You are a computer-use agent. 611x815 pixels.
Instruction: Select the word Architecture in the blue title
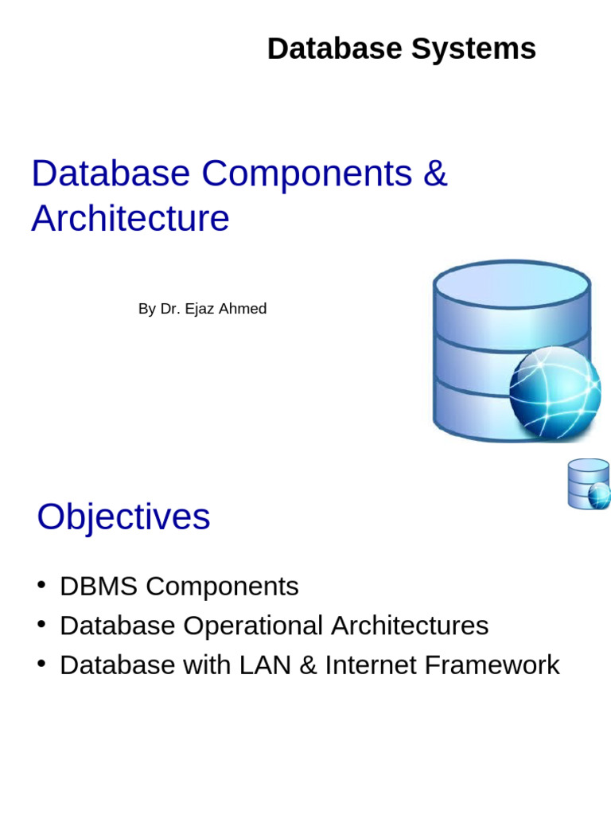[130, 218]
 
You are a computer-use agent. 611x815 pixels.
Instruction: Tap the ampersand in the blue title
[435, 174]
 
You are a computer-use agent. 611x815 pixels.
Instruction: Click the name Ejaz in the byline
[200, 309]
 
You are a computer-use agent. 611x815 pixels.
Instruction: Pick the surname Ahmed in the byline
[243, 309]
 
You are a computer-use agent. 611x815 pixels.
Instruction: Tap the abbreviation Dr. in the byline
[170, 309]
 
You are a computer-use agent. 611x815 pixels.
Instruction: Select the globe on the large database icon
[555, 391]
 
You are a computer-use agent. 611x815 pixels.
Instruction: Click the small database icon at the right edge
[589, 484]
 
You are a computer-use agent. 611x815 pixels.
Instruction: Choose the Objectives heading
[123, 517]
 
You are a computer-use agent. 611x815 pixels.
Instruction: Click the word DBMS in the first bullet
[99, 587]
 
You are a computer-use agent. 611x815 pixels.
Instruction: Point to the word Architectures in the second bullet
[410, 626]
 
